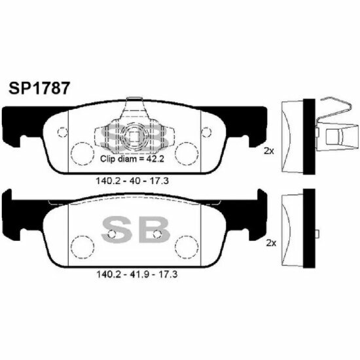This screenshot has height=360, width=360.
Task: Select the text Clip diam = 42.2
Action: [132, 158]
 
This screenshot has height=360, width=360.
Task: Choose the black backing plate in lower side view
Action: [310, 228]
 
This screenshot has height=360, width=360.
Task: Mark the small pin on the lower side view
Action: [317, 234]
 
